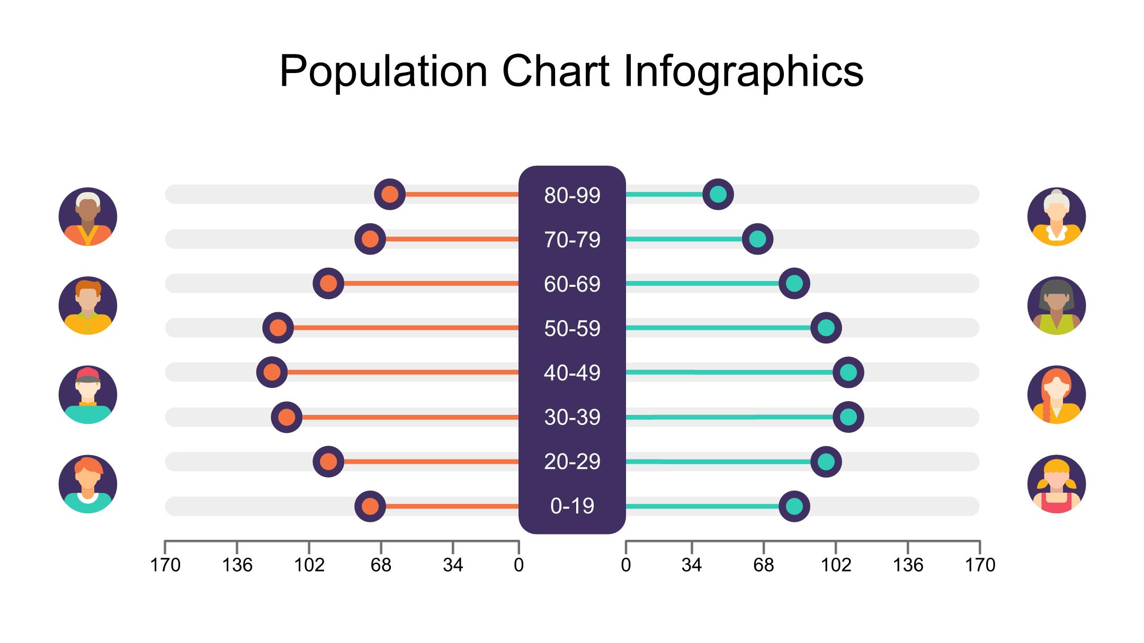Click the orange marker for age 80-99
[x=390, y=194]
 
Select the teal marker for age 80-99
[x=718, y=194]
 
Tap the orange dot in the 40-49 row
[x=272, y=372]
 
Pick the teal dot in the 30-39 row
[x=848, y=417]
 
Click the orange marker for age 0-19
[x=370, y=506]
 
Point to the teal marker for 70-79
[x=757, y=239]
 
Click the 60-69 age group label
[x=572, y=284]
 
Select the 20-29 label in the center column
[x=572, y=462]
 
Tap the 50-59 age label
[x=572, y=329]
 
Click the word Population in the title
[x=383, y=71]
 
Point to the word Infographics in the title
[x=744, y=71]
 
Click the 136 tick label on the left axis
[x=237, y=565]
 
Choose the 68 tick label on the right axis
[x=763, y=565]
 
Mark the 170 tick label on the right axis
[x=980, y=565]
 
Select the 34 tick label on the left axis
[x=453, y=565]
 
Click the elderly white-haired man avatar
[x=88, y=216]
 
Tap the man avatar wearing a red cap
[x=88, y=395]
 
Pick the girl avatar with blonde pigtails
[x=1057, y=484]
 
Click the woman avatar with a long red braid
[x=1057, y=395]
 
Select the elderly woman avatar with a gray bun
[x=1057, y=216]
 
